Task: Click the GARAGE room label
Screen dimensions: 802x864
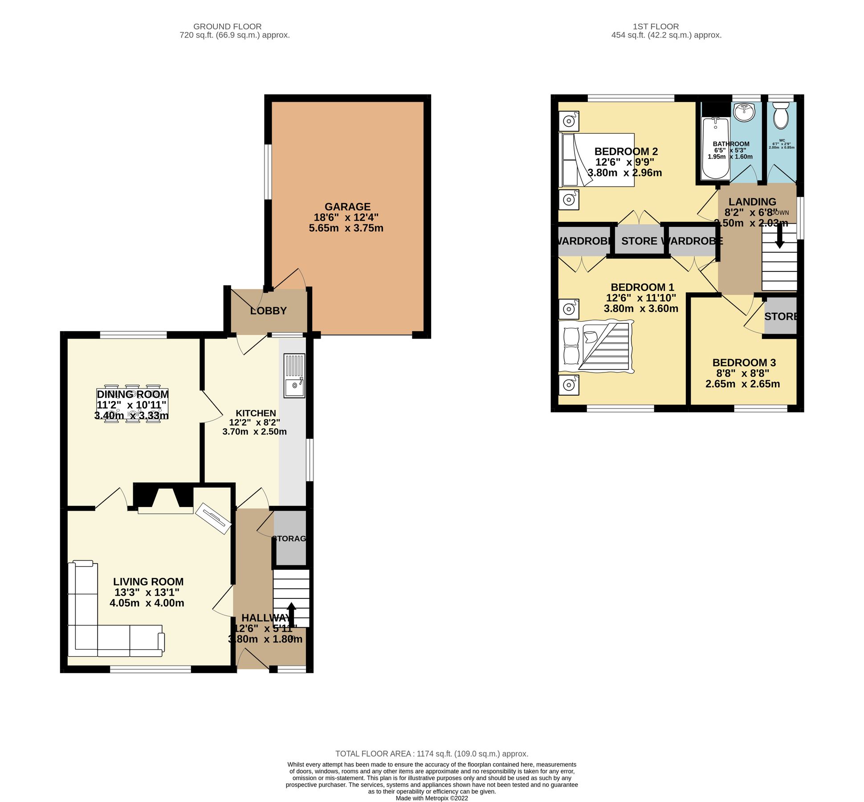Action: (x=347, y=207)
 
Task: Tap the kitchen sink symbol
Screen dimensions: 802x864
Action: (x=294, y=376)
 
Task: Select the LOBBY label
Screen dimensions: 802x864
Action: (x=268, y=311)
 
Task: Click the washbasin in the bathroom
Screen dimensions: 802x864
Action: (x=744, y=112)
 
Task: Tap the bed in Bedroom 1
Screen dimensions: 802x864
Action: (x=596, y=347)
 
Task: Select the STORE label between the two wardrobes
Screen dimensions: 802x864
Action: (x=639, y=241)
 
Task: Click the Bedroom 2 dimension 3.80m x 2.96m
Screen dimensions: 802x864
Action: (x=624, y=173)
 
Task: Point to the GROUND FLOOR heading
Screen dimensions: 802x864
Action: (x=227, y=27)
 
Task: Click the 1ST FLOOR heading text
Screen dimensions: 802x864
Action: (x=656, y=27)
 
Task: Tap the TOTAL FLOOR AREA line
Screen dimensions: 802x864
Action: (x=431, y=754)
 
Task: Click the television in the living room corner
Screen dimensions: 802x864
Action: (x=214, y=518)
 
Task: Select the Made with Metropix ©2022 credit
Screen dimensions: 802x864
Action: (x=432, y=798)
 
